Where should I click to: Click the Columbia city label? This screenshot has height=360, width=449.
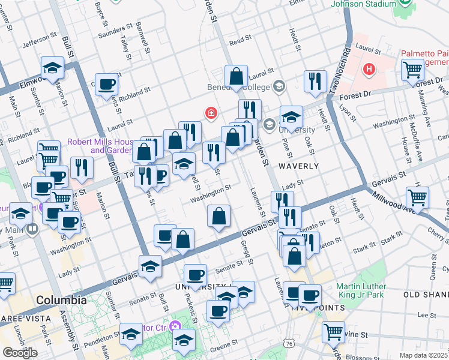click(x=61, y=300)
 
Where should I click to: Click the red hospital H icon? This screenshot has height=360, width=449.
click(x=369, y=70)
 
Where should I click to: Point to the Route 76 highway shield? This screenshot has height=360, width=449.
click(x=290, y=343)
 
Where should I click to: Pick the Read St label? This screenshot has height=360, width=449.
click(x=240, y=40)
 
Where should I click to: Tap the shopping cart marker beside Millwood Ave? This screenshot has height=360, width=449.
click(x=417, y=196)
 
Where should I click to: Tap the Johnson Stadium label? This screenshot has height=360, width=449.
click(x=359, y=5)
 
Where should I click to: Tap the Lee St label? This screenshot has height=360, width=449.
click(x=426, y=315)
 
